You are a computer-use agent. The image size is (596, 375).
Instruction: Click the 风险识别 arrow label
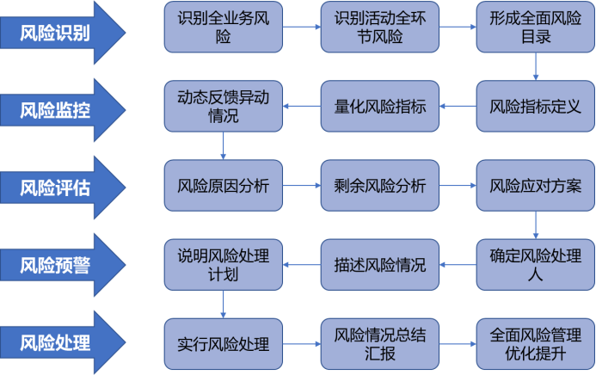pos(56,33)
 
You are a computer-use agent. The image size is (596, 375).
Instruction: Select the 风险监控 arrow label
pos(56,109)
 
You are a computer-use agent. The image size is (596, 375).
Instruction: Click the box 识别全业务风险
pos(223,28)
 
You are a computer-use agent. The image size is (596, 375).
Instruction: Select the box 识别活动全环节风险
pos(379,28)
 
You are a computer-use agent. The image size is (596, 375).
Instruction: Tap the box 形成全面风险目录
pos(536,28)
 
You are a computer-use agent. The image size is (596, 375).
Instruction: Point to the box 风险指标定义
pos(536,107)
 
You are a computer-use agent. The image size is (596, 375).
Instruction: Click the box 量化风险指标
pos(379,107)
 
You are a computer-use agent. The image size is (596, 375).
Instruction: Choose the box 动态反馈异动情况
pos(223,107)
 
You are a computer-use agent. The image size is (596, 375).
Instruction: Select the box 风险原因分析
pos(223,186)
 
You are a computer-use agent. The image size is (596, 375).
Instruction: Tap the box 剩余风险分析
pos(379,186)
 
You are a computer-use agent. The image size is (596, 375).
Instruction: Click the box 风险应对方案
pos(536,186)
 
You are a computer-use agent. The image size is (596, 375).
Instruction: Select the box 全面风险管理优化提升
pos(536,343)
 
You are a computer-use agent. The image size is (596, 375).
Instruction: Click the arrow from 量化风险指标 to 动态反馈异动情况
pos(302,107)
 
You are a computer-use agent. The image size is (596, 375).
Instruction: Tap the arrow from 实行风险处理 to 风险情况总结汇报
pos(302,343)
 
